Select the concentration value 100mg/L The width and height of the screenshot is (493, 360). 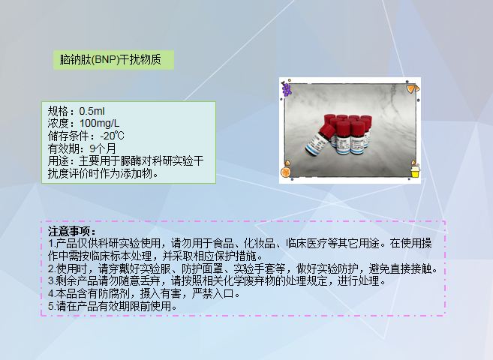point(99,123)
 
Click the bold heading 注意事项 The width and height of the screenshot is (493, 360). point(68,232)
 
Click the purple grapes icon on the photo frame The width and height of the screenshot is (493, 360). point(286,88)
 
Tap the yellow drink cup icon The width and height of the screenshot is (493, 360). point(415,172)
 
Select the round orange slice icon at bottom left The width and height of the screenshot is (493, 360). point(286,173)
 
